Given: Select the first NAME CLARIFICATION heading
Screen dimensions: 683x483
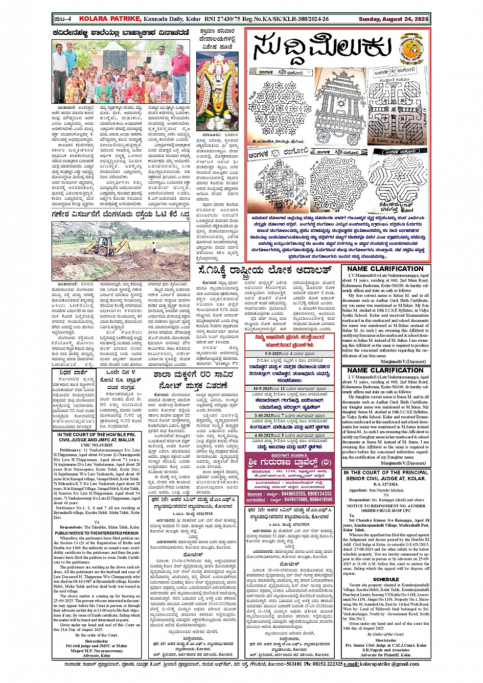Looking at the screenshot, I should (x=385, y=269).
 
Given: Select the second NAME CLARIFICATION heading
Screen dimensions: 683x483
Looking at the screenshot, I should (x=385, y=370).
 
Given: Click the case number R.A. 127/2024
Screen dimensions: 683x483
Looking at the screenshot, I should (x=385, y=484).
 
